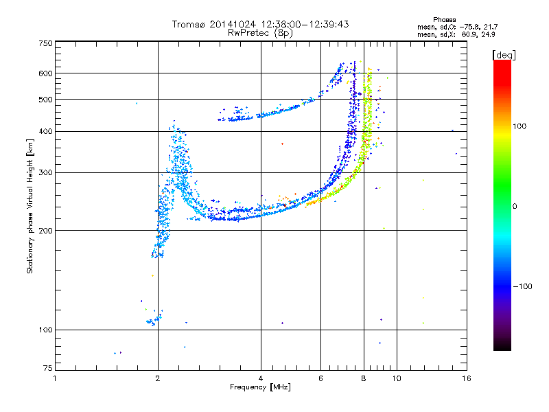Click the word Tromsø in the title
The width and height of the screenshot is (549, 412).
coord(187,24)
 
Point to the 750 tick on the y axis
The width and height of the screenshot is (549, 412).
coord(45,43)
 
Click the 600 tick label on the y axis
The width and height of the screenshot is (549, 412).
coord(45,73)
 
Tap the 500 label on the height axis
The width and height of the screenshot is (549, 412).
coord(45,100)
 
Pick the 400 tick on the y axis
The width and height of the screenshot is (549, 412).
coord(45,132)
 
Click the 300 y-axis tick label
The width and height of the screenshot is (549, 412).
coord(45,173)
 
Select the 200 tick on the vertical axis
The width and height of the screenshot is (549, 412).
coord(45,231)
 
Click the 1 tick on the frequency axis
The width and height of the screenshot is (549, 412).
coord(56,378)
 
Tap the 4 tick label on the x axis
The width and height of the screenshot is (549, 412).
coord(261,378)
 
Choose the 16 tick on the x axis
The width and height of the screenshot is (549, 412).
coord(466,378)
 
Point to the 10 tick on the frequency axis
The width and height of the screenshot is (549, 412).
coord(397,378)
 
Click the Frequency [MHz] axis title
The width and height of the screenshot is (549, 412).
coord(260,387)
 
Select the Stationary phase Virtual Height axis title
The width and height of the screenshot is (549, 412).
coord(30,206)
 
